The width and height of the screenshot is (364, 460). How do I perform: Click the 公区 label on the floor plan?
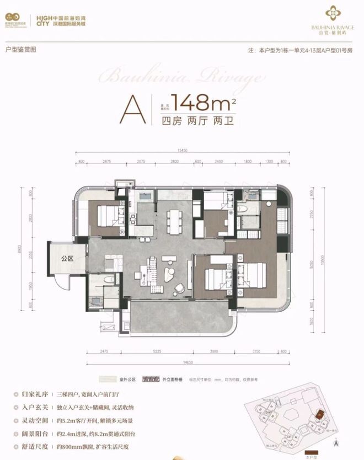coord(67,258)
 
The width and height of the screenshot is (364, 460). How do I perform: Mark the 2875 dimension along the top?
coord(106,161)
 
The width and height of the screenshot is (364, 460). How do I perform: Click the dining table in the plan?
coord(176,217)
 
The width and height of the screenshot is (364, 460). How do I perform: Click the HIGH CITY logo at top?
coord(42,20)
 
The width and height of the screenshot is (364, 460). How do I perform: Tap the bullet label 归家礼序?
coord(29,395)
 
